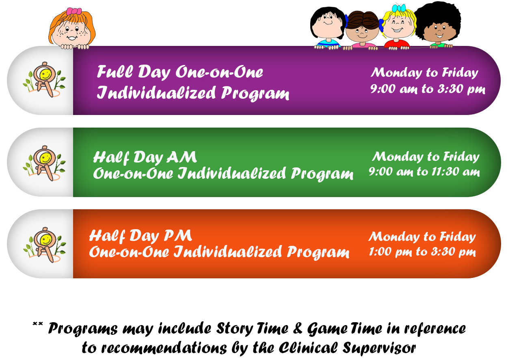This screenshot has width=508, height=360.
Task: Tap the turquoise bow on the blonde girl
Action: [398, 8]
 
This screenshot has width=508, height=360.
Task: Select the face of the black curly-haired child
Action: [440, 32]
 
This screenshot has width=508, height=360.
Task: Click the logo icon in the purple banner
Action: [44, 80]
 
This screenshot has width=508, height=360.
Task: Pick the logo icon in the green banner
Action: [44, 163]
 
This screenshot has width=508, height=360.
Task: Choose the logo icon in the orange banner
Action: [44, 245]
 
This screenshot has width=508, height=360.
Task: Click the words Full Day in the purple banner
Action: [134, 72]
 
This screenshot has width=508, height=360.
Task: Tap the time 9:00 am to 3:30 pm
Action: [428, 89]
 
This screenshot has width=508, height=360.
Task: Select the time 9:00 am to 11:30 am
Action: [424, 172]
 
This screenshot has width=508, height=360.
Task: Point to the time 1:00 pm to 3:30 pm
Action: [422, 252]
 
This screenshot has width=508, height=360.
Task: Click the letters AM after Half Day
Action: [182, 157]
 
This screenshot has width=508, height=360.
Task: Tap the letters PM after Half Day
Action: [178, 235]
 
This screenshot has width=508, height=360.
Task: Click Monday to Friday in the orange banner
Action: [422, 237]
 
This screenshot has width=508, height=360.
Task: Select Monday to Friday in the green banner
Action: [426, 157]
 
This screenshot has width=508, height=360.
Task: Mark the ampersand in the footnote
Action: [298, 328]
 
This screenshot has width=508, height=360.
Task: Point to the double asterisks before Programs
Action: [38, 324]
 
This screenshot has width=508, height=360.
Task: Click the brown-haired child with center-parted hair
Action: [362, 30]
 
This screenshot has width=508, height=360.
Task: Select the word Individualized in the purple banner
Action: [156, 93]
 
